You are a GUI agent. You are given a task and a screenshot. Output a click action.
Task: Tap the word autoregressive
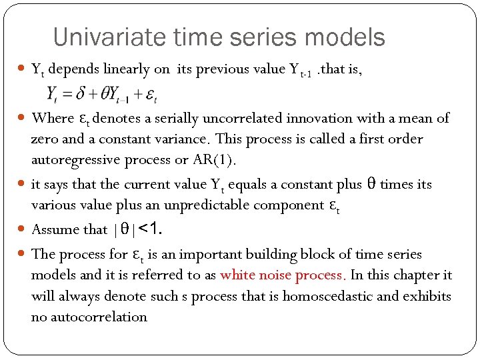(x=73, y=161)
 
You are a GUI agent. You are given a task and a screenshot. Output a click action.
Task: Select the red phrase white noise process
(x=283, y=275)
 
